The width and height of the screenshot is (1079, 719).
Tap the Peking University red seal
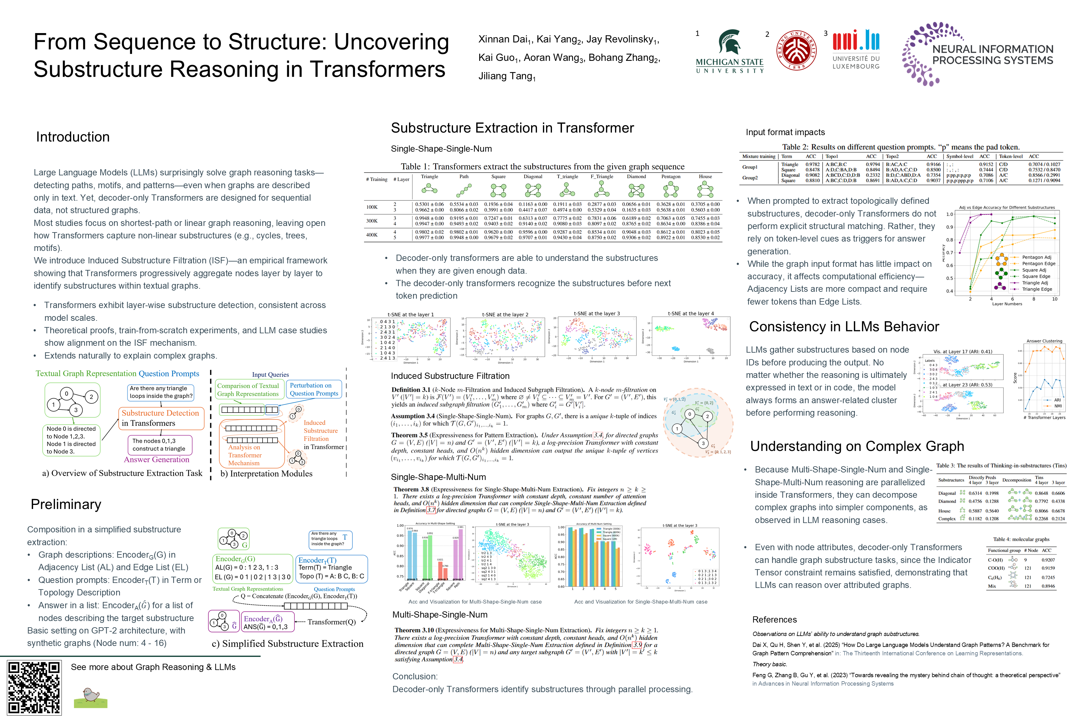(797, 51)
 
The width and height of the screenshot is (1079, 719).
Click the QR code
(34, 687)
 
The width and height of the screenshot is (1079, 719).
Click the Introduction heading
(73, 137)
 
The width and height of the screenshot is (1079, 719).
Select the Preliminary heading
(66, 504)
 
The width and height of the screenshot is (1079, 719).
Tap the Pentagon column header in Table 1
(671, 177)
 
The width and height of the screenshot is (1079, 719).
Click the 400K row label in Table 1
(372, 235)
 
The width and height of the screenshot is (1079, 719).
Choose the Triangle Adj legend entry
(1034, 283)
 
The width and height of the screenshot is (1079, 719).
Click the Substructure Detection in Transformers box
(160, 418)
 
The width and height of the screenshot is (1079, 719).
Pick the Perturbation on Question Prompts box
(314, 389)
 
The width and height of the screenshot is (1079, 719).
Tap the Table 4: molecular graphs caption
(1021, 539)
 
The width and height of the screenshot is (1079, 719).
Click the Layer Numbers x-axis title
(1007, 304)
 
